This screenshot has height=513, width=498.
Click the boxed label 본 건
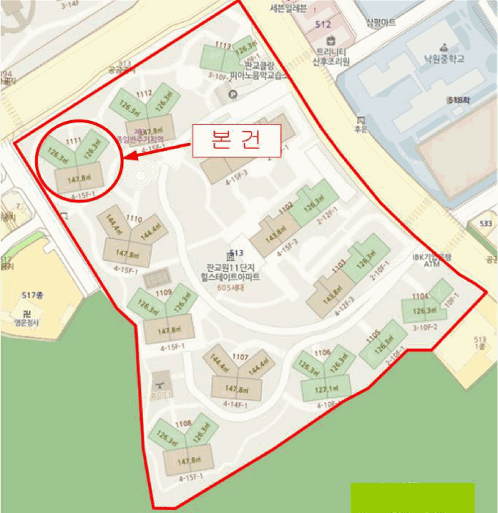pyautogui.click(x=236, y=141)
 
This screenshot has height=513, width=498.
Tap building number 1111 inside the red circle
pyautogui.click(x=73, y=140)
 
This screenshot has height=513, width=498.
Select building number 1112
pyautogui.click(x=144, y=93)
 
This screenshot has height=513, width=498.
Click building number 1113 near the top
pyautogui.click(x=223, y=45)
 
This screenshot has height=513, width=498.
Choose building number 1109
pyautogui.click(x=163, y=292)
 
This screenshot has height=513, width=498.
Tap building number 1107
pyautogui.click(x=239, y=357)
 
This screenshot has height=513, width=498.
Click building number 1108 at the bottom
pyautogui.click(x=183, y=423)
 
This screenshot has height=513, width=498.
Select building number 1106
pyautogui.click(x=323, y=353)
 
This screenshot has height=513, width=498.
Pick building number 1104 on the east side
pyautogui.click(x=420, y=296)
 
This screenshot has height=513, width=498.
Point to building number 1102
pyautogui.click(x=285, y=207)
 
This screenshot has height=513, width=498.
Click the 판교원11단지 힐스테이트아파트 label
pyautogui.click(x=232, y=273)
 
